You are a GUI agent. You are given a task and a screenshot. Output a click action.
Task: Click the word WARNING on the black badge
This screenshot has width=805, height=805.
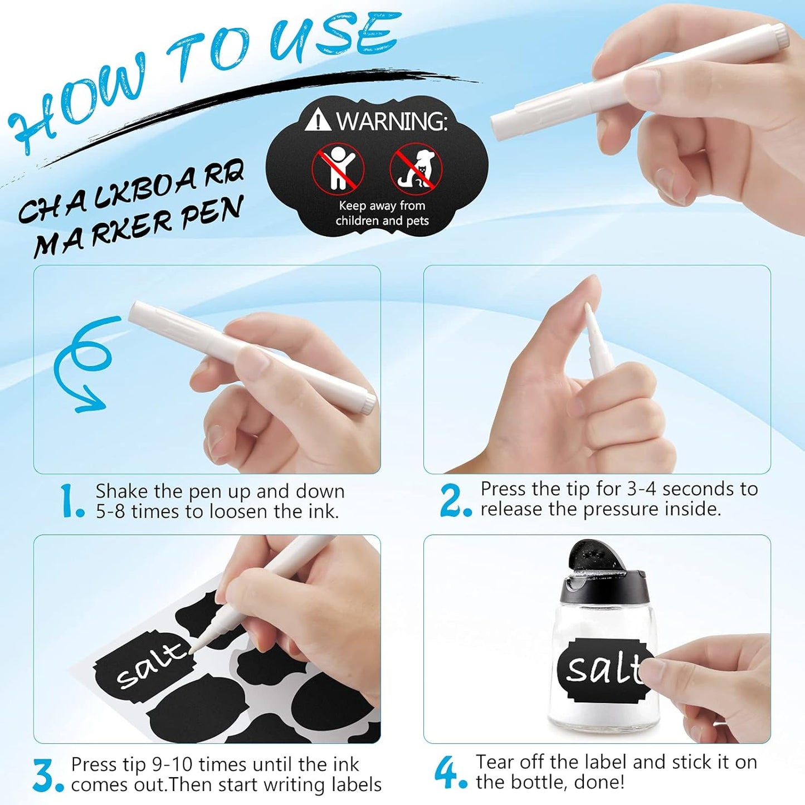tap(391, 120)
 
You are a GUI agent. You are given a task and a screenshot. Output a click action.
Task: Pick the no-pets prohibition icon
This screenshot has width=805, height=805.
tap(416, 167)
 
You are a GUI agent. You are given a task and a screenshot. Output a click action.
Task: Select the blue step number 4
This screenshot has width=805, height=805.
tap(447, 772)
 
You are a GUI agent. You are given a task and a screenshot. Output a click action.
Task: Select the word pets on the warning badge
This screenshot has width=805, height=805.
tap(417, 221)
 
